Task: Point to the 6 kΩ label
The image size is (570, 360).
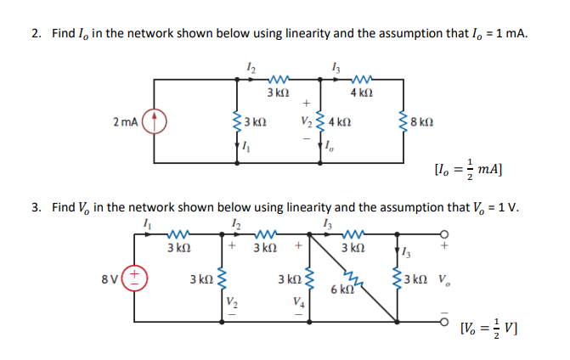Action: [x=341, y=290]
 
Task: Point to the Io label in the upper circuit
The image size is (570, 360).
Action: [x=330, y=151]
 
